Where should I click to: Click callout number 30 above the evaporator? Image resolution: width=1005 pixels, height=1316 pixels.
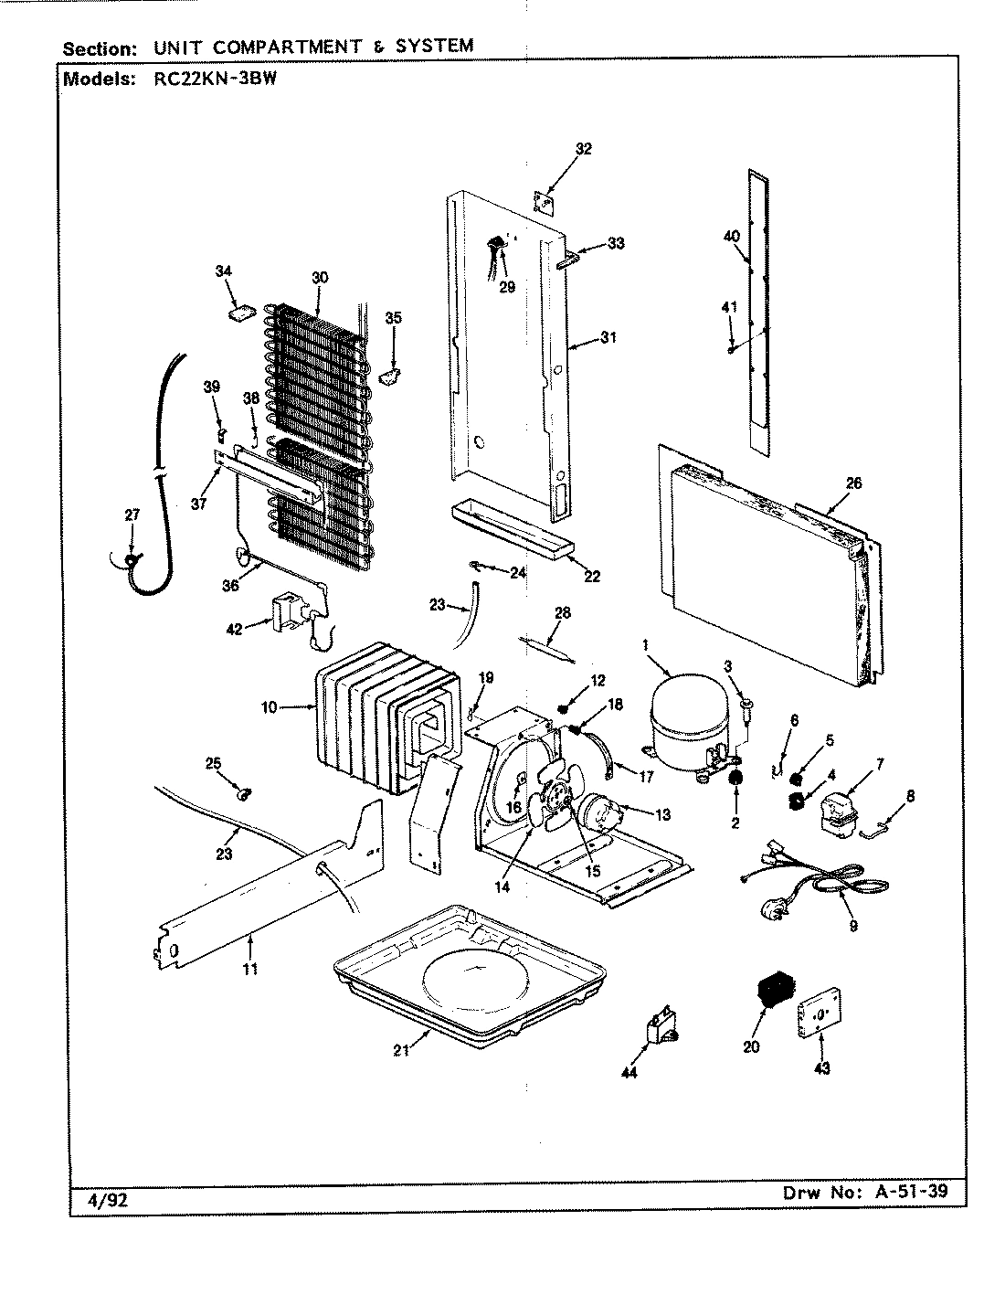pos(318,277)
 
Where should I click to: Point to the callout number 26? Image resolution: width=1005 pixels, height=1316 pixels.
pos(853,483)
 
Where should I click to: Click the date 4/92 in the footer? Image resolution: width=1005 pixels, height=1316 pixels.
pos(107,1201)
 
